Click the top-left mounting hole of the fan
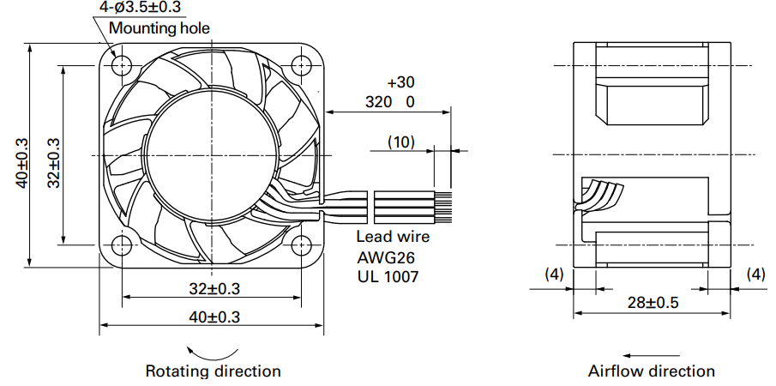(122, 65)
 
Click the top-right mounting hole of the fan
(300, 65)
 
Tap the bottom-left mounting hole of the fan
(122, 244)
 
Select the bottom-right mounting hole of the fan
(300, 244)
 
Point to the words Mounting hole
(159, 27)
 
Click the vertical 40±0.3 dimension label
(22, 162)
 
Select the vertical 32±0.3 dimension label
(53, 162)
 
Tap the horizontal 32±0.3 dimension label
(214, 288)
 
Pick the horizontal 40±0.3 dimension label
(214, 317)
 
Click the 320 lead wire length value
(379, 102)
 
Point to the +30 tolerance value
(401, 81)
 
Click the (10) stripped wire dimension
(401, 142)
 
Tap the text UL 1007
(388, 276)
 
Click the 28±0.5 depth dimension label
(653, 302)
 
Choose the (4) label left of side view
(554, 274)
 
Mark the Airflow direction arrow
(652, 355)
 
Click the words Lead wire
(393, 237)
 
